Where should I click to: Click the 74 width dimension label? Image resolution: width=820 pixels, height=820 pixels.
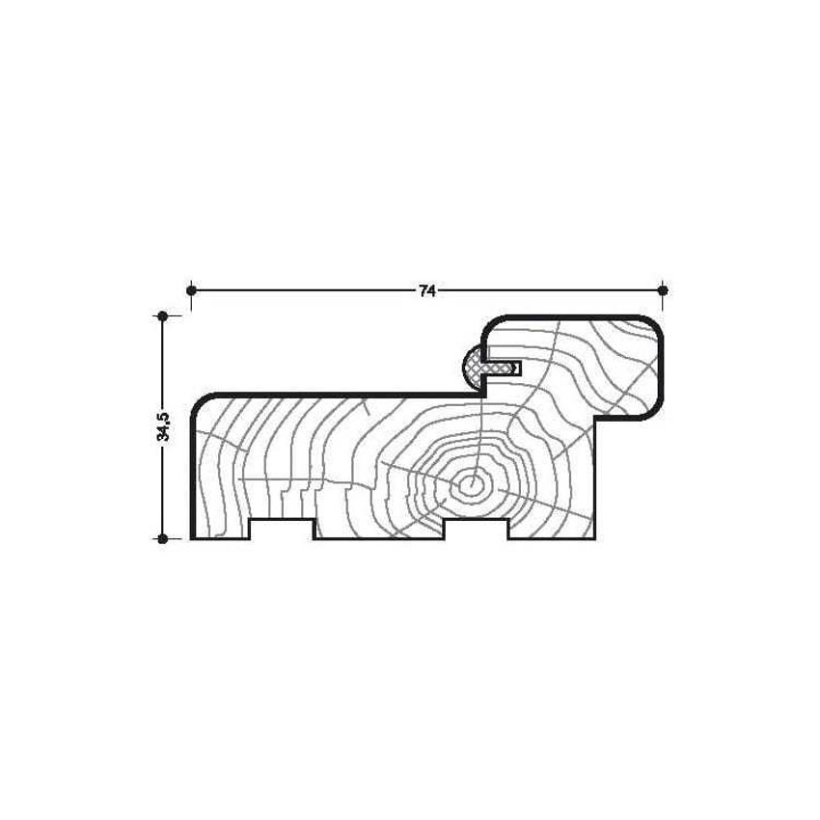coord(426,291)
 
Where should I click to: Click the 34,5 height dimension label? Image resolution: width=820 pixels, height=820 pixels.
coord(163,426)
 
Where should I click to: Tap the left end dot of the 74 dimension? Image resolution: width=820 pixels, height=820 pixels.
coord(191,289)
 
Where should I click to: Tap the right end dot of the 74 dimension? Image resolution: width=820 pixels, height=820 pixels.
coord(663,289)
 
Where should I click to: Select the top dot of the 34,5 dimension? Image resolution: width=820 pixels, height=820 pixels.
coord(163,315)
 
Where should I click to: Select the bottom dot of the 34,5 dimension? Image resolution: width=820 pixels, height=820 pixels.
coord(163,538)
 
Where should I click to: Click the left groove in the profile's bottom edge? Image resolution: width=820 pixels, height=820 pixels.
coord(282,529)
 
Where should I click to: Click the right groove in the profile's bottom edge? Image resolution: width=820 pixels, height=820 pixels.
coord(476,529)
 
